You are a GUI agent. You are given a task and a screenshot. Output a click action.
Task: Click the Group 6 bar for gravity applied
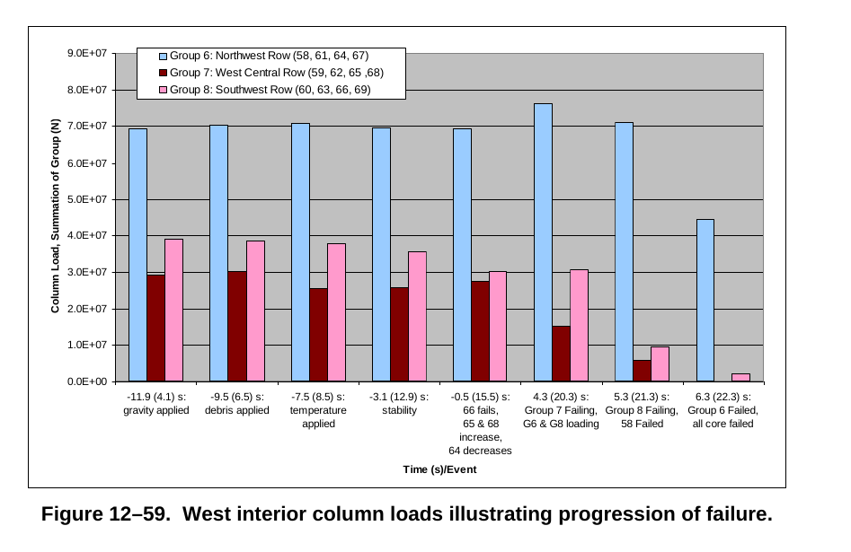(137, 255)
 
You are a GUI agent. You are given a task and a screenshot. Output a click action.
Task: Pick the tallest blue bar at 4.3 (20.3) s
(543, 242)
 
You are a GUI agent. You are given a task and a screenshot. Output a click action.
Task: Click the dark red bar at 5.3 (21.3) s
(642, 371)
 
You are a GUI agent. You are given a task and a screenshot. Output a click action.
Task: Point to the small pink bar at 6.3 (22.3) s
(741, 377)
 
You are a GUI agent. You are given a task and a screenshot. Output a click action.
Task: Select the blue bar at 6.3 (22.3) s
(705, 301)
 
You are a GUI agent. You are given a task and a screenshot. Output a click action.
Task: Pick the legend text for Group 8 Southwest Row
(270, 90)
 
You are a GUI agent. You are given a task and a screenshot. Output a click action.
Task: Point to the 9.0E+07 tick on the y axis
(87, 53)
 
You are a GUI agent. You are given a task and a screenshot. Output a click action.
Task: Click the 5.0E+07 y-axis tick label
(87, 199)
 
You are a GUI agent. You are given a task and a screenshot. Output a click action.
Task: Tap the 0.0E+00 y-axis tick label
(87, 381)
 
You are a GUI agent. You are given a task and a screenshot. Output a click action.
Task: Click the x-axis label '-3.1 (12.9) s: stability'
(399, 403)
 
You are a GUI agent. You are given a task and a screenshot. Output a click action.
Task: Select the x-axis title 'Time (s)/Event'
(439, 470)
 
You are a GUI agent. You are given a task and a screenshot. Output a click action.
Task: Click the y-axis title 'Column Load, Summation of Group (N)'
(55, 217)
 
